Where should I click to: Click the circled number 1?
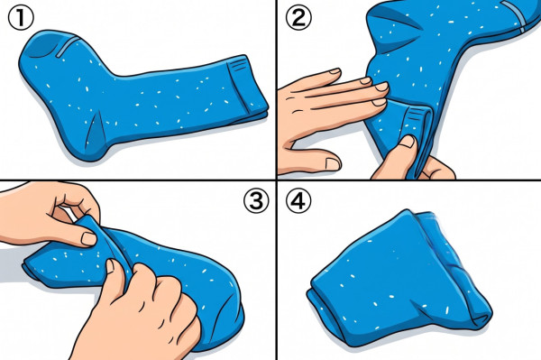click(21, 19)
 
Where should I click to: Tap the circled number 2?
click(298, 18)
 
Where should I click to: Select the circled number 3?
click(256, 200)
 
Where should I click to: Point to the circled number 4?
click(298, 200)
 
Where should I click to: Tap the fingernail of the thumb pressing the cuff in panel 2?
click(408, 142)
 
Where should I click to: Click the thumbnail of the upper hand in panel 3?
click(89, 239)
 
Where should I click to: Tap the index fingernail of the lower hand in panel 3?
click(110, 266)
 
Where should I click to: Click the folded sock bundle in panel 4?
click(397, 280)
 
